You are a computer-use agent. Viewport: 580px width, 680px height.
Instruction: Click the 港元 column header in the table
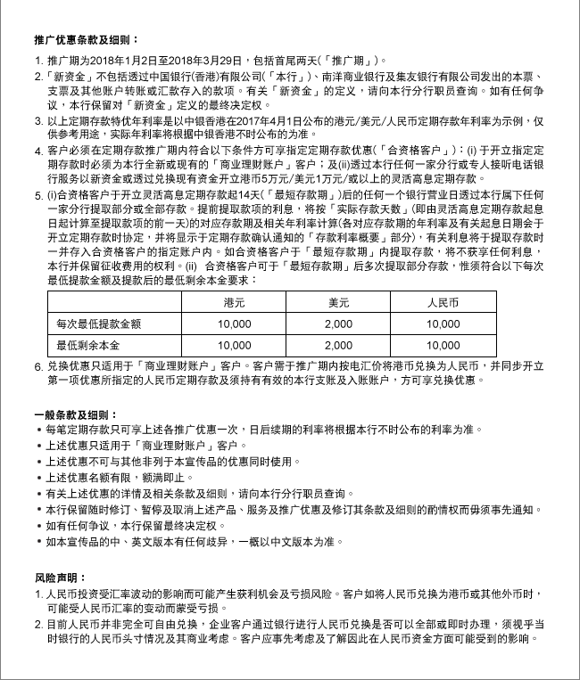pos(235,302)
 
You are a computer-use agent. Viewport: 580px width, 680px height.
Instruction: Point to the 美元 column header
pos(339,302)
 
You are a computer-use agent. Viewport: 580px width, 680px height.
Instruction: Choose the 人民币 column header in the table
pos(443,302)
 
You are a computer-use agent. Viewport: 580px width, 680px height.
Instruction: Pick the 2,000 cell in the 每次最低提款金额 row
pos(339,324)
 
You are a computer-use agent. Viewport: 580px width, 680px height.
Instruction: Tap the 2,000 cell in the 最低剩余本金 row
pos(339,346)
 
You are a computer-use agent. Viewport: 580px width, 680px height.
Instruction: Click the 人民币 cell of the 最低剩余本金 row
pos(443,346)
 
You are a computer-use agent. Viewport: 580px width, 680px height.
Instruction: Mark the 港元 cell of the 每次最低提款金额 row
pos(235,324)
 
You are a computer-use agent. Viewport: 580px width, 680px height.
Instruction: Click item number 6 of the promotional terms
pos(38,366)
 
